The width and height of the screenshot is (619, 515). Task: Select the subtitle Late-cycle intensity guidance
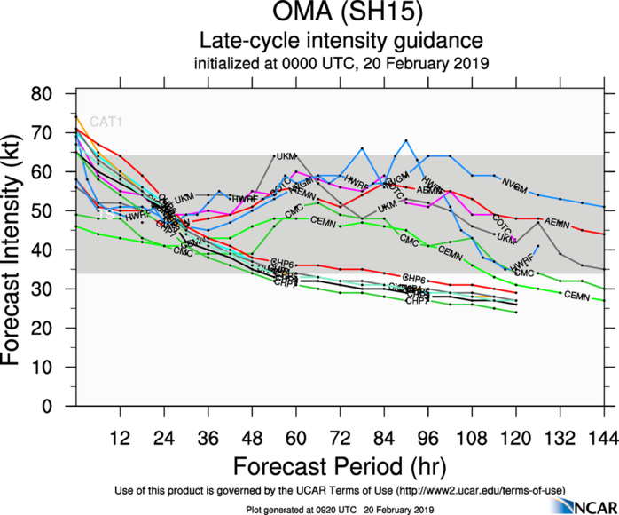tap(341, 42)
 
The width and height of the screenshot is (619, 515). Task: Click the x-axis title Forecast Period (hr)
tap(341, 466)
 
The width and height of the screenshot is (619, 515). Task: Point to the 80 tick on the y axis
tap(59, 94)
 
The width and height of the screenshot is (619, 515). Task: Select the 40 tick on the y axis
tap(59, 250)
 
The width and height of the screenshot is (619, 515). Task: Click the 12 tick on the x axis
tap(121, 438)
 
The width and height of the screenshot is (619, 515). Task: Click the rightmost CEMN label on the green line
tap(576, 295)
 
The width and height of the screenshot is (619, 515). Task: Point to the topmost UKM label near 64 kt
tap(286, 156)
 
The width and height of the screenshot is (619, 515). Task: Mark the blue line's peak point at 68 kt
tap(406, 140)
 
